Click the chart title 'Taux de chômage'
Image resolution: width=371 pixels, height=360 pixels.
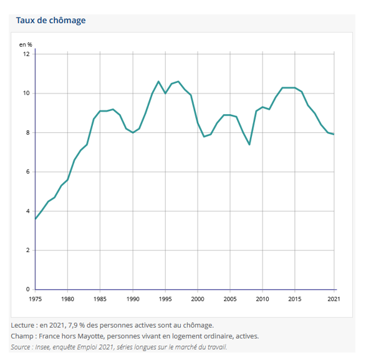pyautogui.click(x=51, y=21)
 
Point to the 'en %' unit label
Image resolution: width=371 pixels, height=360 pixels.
pyautogui.click(x=26, y=45)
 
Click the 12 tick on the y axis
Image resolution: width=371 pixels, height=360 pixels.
pyautogui.click(x=27, y=54)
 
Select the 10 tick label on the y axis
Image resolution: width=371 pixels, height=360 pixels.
pyautogui.click(x=27, y=94)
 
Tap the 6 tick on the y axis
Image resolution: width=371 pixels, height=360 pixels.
pyautogui.click(x=28, y=172)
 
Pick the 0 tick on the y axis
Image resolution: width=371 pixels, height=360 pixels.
pyautogui.click(x=28, y=289)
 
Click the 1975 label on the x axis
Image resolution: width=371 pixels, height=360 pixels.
pyautogui.click(x=35, y=299)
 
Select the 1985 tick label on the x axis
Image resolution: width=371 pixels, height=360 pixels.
pyautogui.click(x=100, y=299)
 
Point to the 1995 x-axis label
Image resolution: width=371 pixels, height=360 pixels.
pyautogui.click(x=165, y=299)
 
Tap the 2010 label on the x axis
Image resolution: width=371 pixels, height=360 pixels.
pyautogui.click(x=263, y=299)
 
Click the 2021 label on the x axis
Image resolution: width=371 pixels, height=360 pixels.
pyautogui.click(x=334, y=299)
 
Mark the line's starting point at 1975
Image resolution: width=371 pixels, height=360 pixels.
pyautogui.click(x=35, y=219)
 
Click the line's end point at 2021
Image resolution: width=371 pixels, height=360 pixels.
pyautogui.click(x=334, y=134)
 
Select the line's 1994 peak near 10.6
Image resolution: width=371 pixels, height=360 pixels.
pyautogui.click(x=158, y=81)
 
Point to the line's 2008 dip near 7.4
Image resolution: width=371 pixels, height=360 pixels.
pyautogui.click(x=249, y=145)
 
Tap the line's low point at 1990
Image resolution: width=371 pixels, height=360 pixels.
pyautogui.click(x=133, y=133)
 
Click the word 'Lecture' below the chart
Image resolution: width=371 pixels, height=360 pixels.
pyautogui.click(x=24, y=325)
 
